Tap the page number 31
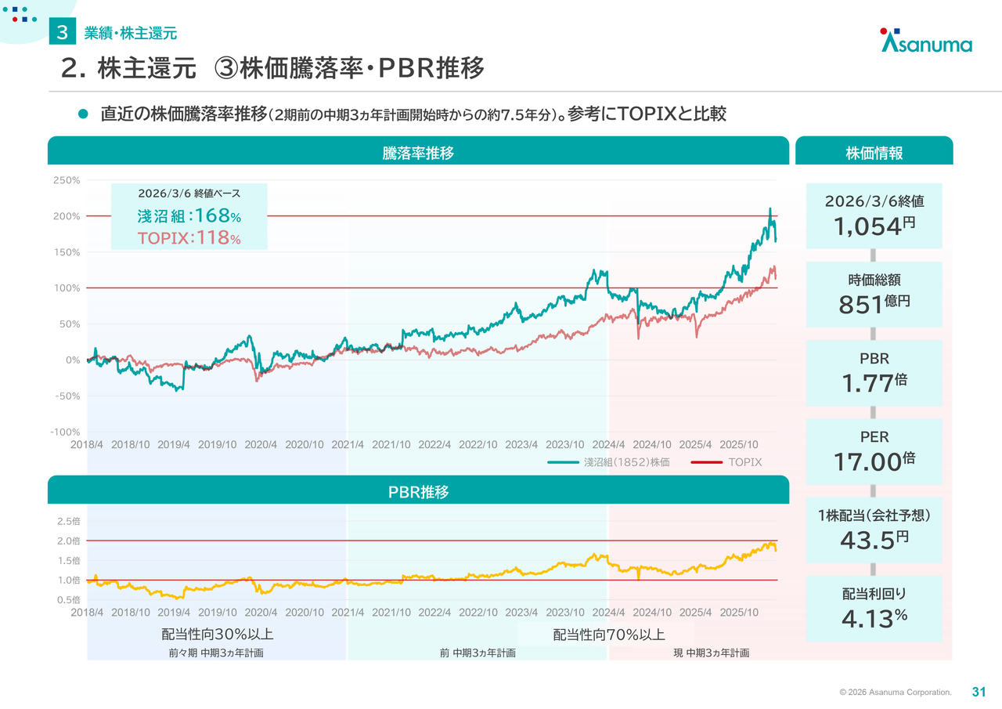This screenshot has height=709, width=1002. [979, 692]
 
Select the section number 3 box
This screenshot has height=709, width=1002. [62, 33]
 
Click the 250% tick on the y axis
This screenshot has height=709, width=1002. [67, 180]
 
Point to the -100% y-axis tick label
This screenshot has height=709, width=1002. [65, 432]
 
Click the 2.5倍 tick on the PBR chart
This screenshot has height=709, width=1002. [69, 521]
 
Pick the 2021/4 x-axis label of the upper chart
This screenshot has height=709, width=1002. [348, 444]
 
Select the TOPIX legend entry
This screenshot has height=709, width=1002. [726, 462]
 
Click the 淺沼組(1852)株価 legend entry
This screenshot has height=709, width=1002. [609, 462]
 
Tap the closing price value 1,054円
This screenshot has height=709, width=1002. [874, 226]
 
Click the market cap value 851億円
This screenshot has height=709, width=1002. [874, 304]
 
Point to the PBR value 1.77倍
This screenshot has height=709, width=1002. [874, 383]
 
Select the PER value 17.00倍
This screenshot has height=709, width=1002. [874, 461]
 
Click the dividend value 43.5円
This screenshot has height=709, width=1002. [874, 540]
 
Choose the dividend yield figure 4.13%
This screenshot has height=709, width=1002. [874, 618]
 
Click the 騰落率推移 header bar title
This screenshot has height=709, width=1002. [418, 154]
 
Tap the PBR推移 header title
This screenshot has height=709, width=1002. [418, 492]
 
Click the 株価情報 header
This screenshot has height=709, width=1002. [874, 154]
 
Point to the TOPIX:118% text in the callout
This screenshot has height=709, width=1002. [189, 237]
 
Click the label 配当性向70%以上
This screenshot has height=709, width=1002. [608, 635]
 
